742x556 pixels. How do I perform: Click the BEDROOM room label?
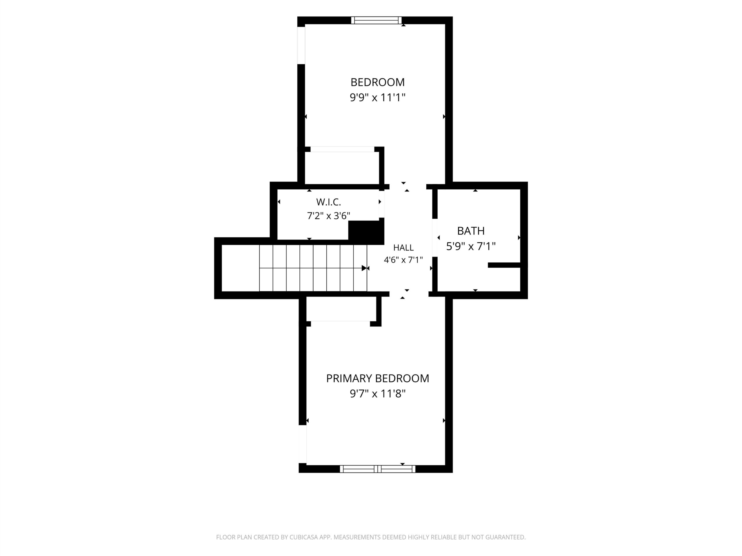pos(377,82)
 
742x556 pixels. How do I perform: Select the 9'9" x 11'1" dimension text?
pos(377,98)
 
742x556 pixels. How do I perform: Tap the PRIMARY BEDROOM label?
pos(377,378)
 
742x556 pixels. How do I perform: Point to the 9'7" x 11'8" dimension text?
pos(377,394)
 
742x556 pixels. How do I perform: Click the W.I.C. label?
pos(328,202)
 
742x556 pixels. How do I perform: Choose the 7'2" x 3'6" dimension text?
pos(328,215)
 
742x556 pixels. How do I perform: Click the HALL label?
pos(403,248)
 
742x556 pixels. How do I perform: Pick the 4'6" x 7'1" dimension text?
pos(403,260)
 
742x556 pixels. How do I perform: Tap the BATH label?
pos(471,231)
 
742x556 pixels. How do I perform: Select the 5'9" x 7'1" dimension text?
pos(471,247)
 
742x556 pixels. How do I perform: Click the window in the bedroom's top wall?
pos(377,20)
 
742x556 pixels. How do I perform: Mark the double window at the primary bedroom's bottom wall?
pos(378,469)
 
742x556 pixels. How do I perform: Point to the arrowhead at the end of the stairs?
pos(364,268)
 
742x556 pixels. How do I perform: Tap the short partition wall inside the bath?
pos(504,265)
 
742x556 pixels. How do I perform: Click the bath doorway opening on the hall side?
pos(435,238)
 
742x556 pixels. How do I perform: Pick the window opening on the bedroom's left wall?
pos(301,45)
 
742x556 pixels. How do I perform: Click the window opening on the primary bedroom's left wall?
pos(303,444)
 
